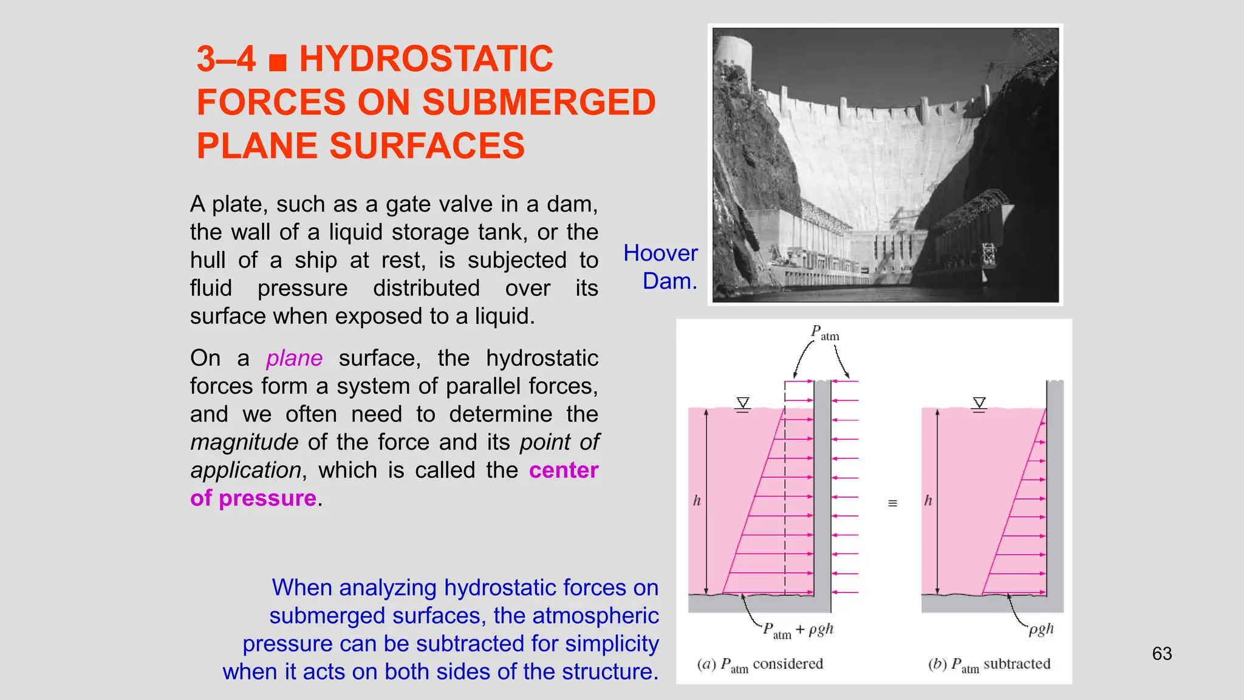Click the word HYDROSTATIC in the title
pyautogui.click(x=426, y=59)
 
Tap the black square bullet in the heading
pyautogui.click(x=278, y=62)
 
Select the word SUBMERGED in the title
pyautogui.click(x=539, y=102)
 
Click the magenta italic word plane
pyautogui.click(x=294, y=359)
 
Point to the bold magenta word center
pyautogui.click(x=564, y=470)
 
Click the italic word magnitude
pyautogui.click(x=244, y=442)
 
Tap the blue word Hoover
pyautogui.click(x=660, y=253)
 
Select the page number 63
pyautogui.click(x=1161, y=654)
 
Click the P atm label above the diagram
pyautogui.click(x=824, y=333)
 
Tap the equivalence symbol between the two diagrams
pyautogui.click(x=892, y=503)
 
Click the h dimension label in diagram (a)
pyautogui.click(x=697, y=501)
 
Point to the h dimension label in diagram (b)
pyautogui.click(x=928, y=501)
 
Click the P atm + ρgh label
pyautogui.click(x=798, y=630)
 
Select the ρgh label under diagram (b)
pyautogui.click(x=1041, y=630)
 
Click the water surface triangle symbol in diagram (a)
pyautogui.click(x=742, y=404)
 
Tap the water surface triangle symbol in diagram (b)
pyautogui.click(x=979, y=404)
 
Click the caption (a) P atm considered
pyautogui.click(x=760, y=665)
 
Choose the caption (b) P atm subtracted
pyautogui.click(x=989, y=665)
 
